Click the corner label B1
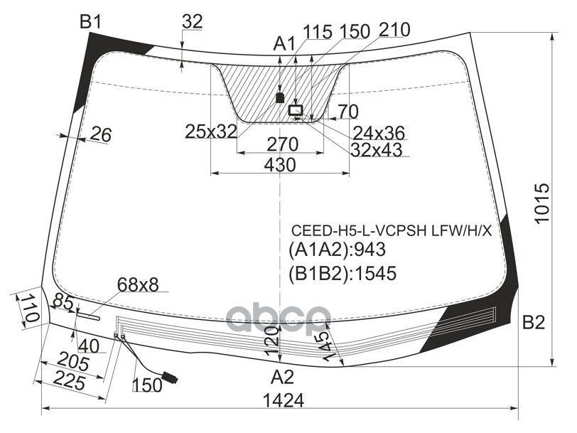90,22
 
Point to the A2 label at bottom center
282,377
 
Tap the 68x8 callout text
138,285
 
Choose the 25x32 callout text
210,131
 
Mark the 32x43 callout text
376,149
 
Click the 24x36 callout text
379,132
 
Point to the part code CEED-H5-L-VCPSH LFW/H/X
392,231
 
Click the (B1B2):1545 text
342,273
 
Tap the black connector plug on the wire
170,378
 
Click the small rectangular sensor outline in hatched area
296,110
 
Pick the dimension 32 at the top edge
192,22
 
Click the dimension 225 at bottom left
68,382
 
